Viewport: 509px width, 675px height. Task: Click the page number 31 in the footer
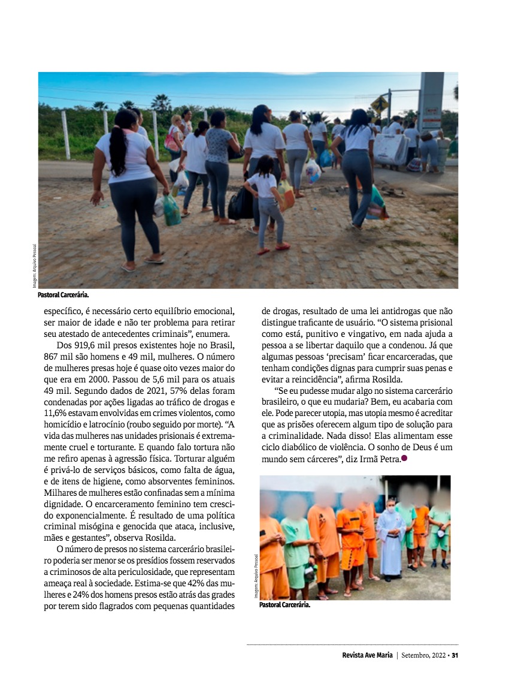(x=455, y=655)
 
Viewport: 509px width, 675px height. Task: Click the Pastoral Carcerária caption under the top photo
(x=63, y=295)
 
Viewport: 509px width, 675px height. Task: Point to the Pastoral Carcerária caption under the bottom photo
(x=284, y=605)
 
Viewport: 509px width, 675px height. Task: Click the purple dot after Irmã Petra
(x=404, y=459)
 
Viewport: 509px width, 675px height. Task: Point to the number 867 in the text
(x=53, y=357)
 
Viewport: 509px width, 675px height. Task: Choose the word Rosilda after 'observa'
(x=157, y=537)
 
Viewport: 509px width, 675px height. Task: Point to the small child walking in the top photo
(x=266, y=201)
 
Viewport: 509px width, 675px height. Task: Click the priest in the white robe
(x=391, y=539)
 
